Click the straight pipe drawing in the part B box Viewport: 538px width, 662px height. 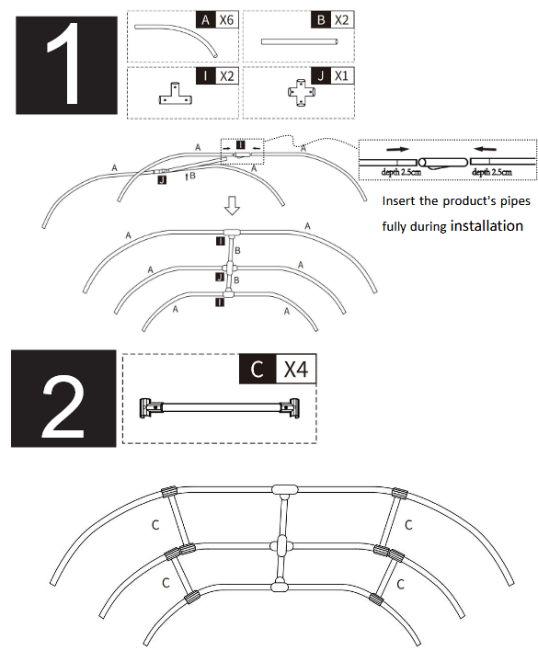tap(301, 41)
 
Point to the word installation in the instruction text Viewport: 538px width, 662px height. tap(486, 224)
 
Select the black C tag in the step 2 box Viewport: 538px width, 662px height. tap(258, 370)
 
